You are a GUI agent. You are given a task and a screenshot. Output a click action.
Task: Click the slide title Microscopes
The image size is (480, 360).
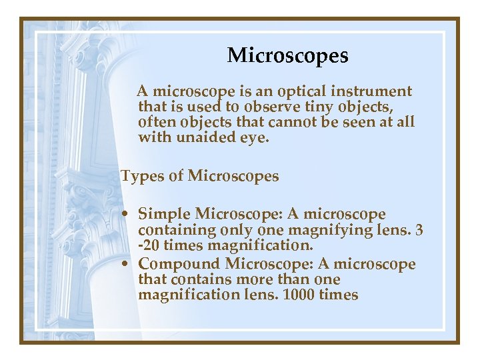tap(287, 55)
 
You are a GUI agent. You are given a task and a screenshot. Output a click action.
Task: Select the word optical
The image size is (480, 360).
tap(303, 91)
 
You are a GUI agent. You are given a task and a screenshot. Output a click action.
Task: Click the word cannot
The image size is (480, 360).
tap(296, 122)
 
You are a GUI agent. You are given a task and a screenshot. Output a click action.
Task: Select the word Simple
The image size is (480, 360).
tap(164, 214)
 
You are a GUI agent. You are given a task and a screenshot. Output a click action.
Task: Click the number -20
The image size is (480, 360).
tap(149, 245)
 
